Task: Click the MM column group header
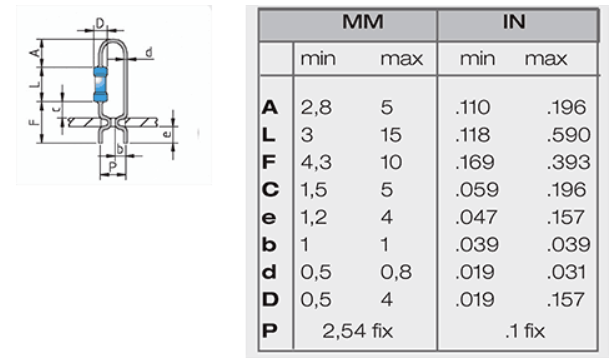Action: [363, 22]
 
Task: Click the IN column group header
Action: [514, 22]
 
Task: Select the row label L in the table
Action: [268, 135]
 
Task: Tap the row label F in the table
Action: [269, 163]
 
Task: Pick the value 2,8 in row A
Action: [316, 108]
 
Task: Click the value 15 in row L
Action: [391, 135]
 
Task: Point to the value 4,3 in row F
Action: [316, 163]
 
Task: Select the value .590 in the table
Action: [569, 135]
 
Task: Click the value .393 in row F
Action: [569, 163]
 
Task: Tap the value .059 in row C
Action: [477, 190]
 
